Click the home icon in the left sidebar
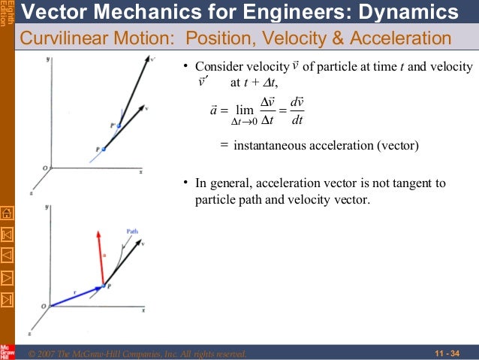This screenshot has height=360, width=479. pos(7,212)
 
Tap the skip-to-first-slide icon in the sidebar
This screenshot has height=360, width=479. pos(7,233)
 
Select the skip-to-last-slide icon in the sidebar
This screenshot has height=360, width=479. pos(7,299)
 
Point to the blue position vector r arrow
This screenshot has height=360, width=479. pos(76,295)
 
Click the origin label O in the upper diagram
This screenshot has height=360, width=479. pos(44,167)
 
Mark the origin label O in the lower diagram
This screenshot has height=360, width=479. pos(44,305)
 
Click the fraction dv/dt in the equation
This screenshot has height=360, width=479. pos(297,111)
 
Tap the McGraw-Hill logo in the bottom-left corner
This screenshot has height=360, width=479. pos(7,351)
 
